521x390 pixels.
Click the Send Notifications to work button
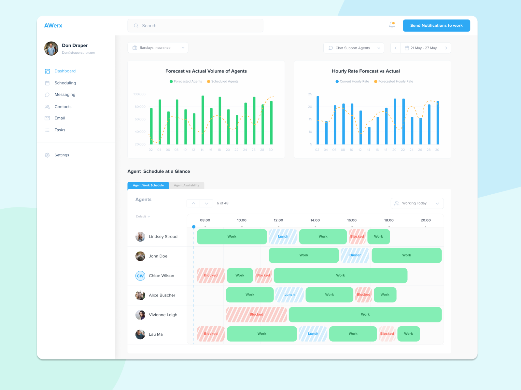coord(436,26)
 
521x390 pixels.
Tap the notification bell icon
coord(392,25)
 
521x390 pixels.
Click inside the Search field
coord(195,26)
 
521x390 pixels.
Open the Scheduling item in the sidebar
coord(65,83)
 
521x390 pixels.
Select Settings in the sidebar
coord(62,155)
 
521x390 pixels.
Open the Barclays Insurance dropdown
coord(158,48)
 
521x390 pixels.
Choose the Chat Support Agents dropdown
coord(354,48)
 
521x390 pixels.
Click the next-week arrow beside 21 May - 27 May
coord(446,48)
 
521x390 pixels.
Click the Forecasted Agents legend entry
coord(186,82)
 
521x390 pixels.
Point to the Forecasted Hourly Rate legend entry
coord(394,82)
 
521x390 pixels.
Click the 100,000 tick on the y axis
coord(139,94)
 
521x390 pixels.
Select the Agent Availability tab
coord(187,186)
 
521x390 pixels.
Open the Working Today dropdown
coord(417,203)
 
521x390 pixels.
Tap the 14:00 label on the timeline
coord(315,220)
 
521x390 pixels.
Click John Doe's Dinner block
coord(355,255)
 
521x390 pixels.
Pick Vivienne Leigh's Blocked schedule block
coord(256,315)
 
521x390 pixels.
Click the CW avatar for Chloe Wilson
coord(140,276)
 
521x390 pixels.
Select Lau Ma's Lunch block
coord(313,334)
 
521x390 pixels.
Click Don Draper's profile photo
coord(51,49)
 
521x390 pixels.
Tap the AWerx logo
coord(53,26)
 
